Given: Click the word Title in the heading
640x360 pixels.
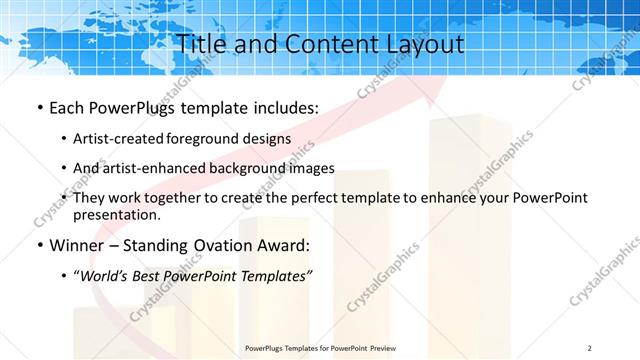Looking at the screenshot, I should coord(198,44).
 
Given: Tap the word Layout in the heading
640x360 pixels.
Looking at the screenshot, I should coord(426,44).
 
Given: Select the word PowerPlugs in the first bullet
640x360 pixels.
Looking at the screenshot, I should coord(134,106).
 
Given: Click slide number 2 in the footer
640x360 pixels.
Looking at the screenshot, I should coord(590,348).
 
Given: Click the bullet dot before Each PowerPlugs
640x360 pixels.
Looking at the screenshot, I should coord(39,107).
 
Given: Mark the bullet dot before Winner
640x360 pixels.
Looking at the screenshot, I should coord(39,246).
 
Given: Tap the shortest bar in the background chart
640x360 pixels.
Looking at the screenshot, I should coord(96,330).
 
